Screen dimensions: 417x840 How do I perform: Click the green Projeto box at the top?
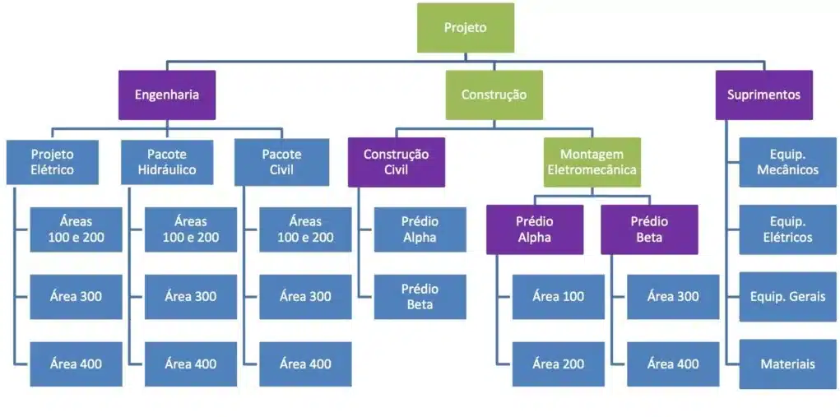tap(466, 28)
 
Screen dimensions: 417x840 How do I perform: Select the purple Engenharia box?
tap(167, 95)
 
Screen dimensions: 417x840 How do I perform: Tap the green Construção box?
tap(494, 95)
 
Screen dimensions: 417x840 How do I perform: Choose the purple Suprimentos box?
tap(763, 95)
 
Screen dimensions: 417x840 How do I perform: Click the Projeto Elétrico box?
tap(53, 162)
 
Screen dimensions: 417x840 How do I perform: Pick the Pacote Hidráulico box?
tap(167, 162)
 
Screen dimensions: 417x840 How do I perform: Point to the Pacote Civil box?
tap(281, 162)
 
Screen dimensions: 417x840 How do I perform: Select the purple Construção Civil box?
tap(397, 162)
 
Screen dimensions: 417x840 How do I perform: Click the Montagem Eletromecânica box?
tap(592, 162)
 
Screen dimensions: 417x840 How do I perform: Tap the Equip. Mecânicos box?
tap(787, 162)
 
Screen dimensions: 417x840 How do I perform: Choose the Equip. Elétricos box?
tap(787, 229)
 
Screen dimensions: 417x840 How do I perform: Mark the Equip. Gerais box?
tap(787, 296)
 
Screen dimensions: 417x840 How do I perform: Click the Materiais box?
tap(787, 364)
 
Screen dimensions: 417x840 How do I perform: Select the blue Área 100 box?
tap(559, 296)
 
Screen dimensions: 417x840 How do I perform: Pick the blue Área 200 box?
tap(559, 364)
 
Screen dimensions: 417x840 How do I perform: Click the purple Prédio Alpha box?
tap(535, 229)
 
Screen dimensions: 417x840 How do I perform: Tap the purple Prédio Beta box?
tap(649, 229)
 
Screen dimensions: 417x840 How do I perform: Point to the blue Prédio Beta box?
tap(420, 296)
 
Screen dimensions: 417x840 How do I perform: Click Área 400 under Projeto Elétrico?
tap(77, 364)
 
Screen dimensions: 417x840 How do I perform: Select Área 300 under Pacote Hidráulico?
tap(191, 296)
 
